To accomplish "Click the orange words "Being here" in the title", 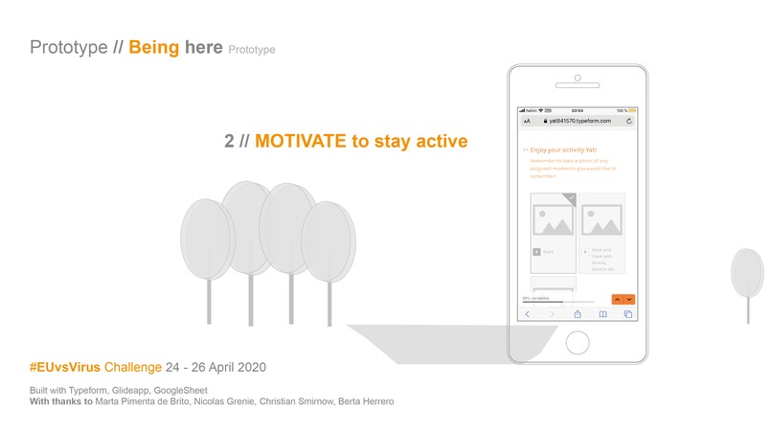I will [x=176, y=47].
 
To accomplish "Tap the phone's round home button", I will [x=578, y=341].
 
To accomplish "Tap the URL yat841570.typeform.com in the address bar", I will [x=580, y=122].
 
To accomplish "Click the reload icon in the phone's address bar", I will [x=628, y=122].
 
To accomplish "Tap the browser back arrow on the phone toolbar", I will [x=527, y=313].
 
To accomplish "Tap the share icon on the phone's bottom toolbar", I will [x=578, y=313].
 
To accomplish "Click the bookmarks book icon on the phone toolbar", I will [x=602, y=313].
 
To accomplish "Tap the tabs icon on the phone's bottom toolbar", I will [x=628, y=313].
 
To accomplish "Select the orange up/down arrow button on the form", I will [x=623, y=299].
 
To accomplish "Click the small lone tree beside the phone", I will [x=747, y=277].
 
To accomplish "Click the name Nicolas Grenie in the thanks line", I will [x=214, y=401].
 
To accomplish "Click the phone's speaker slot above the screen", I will [x=578, y=85].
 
